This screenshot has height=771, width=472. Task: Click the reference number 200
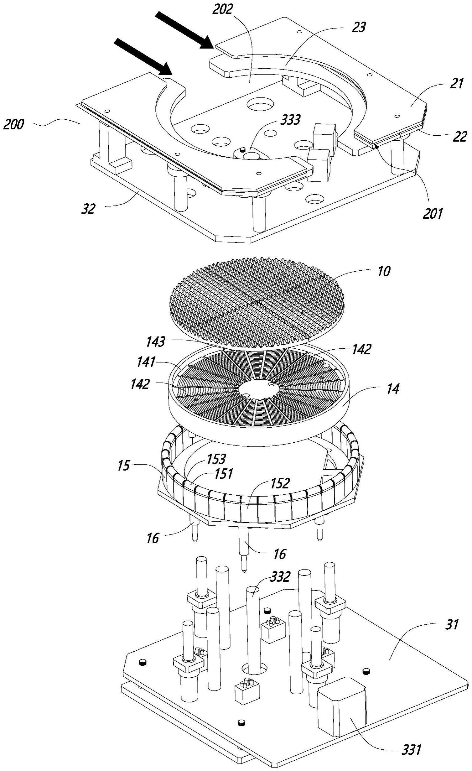pos(13,125)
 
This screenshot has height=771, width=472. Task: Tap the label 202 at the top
pos(223,10)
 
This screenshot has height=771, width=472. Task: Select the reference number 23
pos(359,28)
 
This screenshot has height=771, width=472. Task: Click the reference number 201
pos(433,214)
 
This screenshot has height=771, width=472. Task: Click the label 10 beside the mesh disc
pos(384,271)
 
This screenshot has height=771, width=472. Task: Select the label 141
pos(146,362)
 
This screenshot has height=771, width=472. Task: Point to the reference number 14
pos(393,389)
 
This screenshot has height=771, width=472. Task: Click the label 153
pos(216,459)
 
